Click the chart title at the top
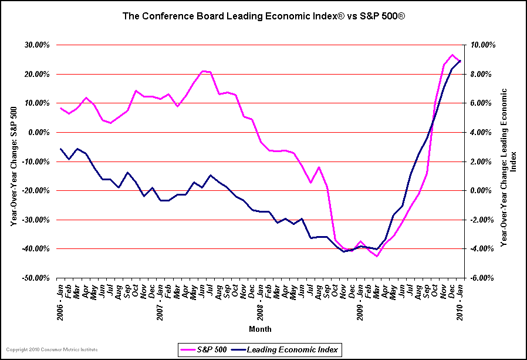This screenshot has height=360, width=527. click(x=263, y=16)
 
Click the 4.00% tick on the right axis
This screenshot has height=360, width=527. click(x=485, y=133)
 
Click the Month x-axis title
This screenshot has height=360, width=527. click(x=260, y=329)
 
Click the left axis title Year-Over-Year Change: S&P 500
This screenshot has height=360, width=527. click(x=13, y=162)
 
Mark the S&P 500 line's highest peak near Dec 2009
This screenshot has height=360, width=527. click(x=452, y=55)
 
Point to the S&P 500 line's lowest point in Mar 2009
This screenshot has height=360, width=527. click(x=377, y=256)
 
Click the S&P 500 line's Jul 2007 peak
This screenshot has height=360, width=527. click(x=202, y=71)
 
